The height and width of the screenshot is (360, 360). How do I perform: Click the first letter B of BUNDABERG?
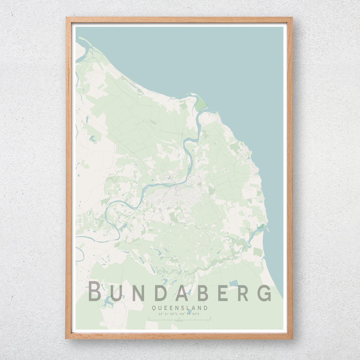(x=96, y=291)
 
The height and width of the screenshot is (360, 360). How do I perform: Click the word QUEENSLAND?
(x=180, y=308)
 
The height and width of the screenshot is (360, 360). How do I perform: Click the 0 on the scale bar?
(x=148, y=318)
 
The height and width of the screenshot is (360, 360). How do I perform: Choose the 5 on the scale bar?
(x=179, y=318)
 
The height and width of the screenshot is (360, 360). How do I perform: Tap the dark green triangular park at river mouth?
(x=201, y=104)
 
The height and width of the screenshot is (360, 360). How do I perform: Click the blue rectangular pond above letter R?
(x=233, y=283)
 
